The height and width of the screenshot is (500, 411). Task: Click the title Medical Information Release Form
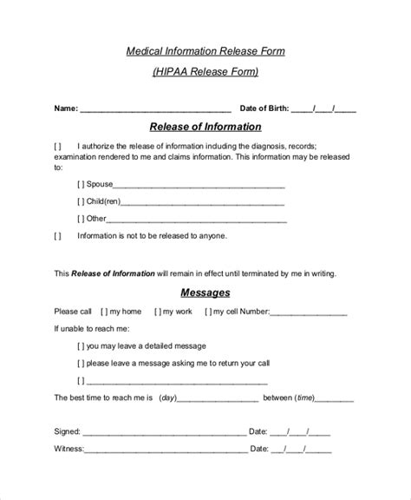pyautogui.click(x=205, y=51)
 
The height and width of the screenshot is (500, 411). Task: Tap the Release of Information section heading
pyautogui.click(x=205, y=127)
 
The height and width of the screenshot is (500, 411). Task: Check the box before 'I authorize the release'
pyautogui.click(x=58, y=145)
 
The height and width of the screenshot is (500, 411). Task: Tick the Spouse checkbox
pyautogui.click(x=81, y=183)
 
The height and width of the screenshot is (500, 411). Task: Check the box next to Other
pyautogui.click(x=81, y=218)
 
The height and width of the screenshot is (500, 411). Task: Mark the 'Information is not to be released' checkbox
pyautogui.click(x=58, y=235)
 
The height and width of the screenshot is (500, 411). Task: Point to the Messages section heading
pyautogui.click(x=205, y=292)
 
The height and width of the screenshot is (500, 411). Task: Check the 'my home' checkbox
pyautogui.click(x=104, y=312)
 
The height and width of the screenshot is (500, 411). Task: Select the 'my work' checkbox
pyautogui.click(x=159, y=312)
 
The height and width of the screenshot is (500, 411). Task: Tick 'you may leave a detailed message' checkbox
pyautogui.click(x=81, y=345)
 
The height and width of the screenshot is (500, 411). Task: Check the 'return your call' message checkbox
pyautogui.click(x=81, y=362)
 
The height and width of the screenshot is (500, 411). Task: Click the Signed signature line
pyautogui.click(x=164, y=432)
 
